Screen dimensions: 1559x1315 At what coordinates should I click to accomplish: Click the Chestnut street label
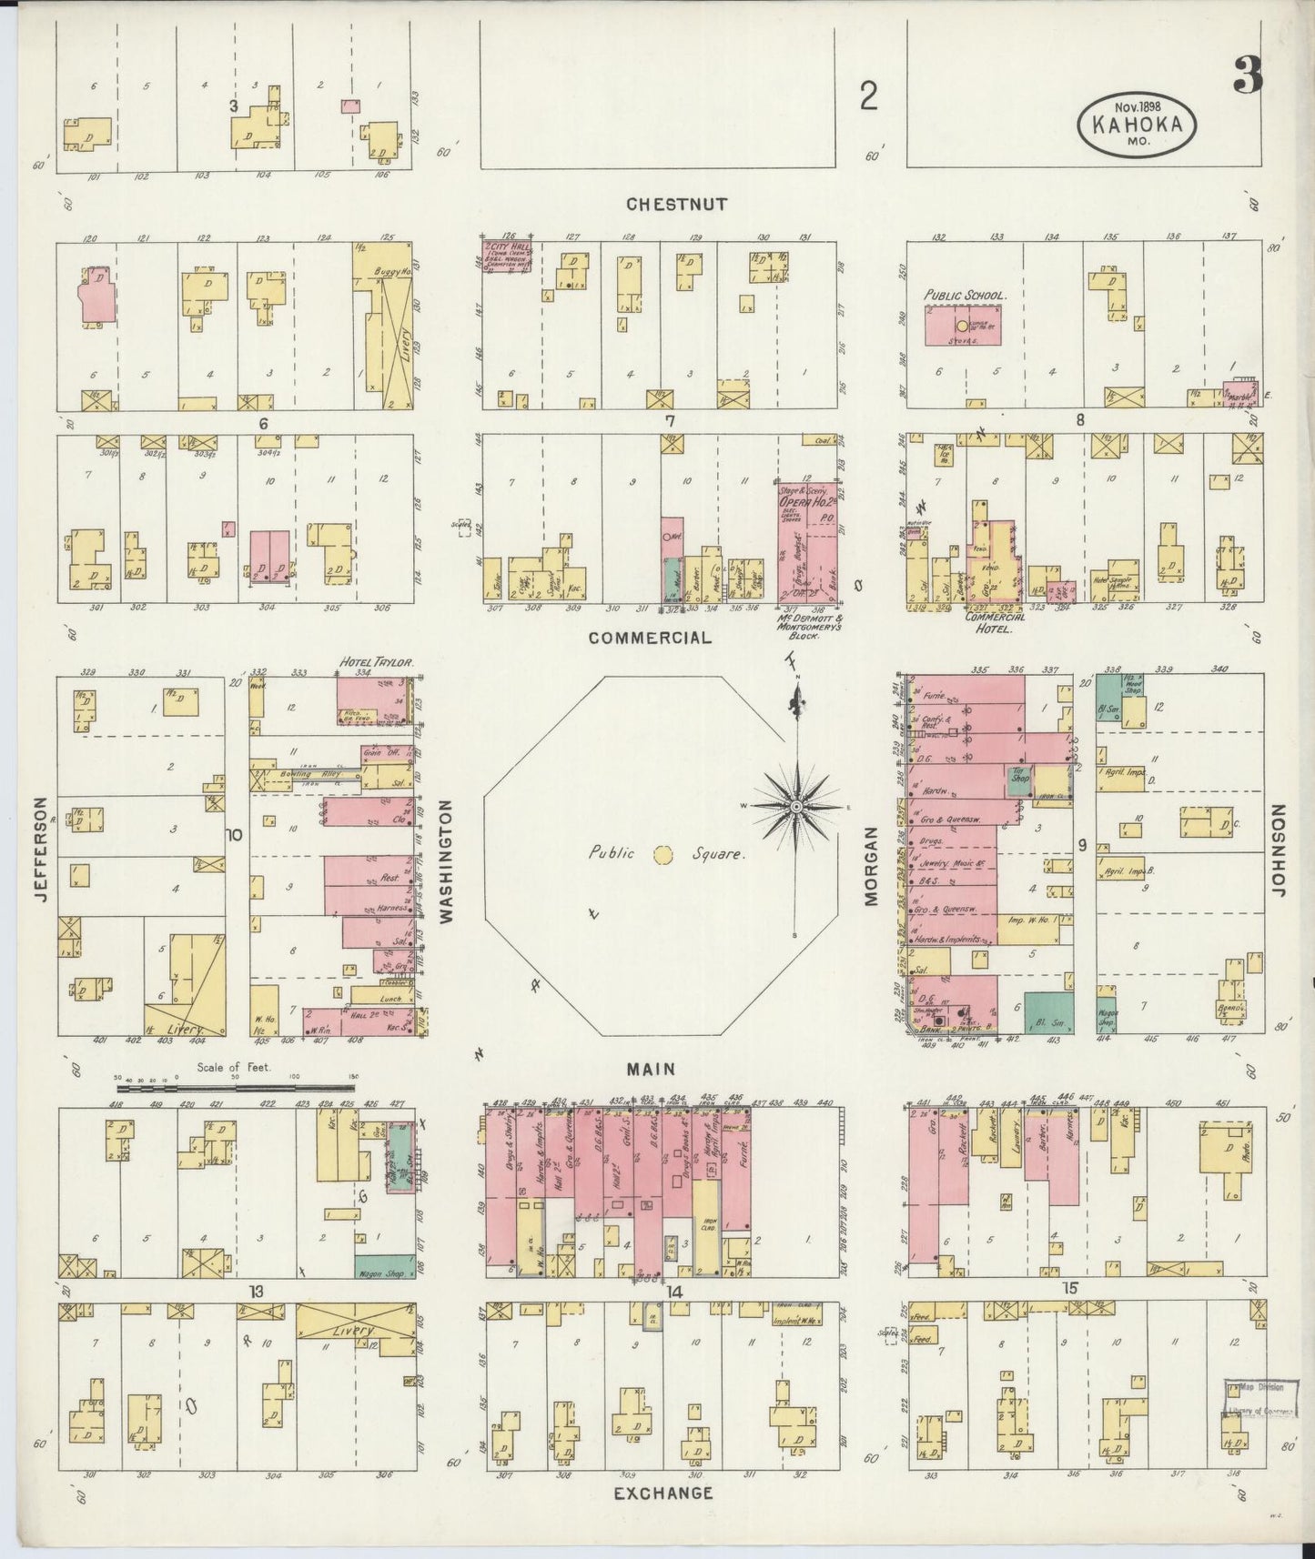676,205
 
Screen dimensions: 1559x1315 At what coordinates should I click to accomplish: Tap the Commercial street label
649,638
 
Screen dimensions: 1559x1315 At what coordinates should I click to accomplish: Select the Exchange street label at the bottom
663,1493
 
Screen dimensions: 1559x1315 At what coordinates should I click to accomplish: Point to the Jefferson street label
40,850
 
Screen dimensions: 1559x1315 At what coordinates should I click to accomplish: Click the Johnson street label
1280,850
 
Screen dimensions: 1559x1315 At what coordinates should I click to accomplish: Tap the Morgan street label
870,866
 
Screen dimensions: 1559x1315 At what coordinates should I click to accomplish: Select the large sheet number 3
1248,75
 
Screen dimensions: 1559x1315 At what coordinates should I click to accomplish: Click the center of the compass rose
796,807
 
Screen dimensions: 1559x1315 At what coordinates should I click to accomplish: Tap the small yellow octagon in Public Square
663,854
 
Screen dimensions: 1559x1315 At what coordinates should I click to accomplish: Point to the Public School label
964,296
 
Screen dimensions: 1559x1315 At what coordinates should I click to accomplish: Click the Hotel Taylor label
376,663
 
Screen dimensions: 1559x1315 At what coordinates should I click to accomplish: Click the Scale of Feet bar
235,1087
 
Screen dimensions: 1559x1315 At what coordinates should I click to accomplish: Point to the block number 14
674,1292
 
